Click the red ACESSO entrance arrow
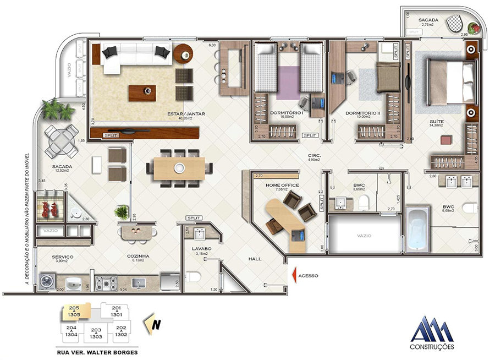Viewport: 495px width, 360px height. point(295,274)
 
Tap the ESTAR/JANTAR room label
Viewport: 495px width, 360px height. point(186,114)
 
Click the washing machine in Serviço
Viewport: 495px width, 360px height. point(46,281)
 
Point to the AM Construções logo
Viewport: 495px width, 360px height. point(433,333)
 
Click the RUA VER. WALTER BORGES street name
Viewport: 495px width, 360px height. point(97,352)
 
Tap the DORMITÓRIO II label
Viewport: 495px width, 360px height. point(363,113)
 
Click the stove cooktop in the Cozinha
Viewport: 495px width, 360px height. point(107,283)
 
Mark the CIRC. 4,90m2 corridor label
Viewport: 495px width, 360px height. point(315,158)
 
